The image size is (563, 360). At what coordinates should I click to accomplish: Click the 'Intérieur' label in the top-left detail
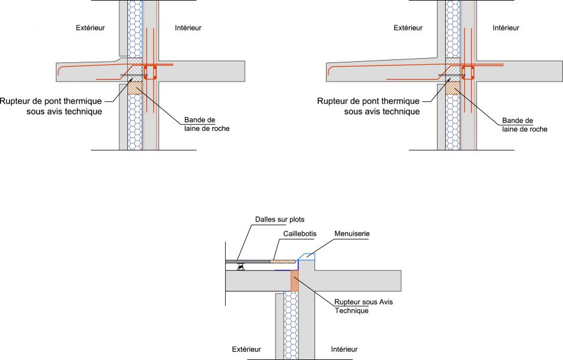(188, 28)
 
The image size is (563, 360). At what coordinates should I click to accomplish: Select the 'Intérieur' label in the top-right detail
(505, 28)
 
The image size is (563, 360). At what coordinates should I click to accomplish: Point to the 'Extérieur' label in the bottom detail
(247, 349)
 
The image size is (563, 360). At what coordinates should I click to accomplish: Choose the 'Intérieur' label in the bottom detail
(344, 349)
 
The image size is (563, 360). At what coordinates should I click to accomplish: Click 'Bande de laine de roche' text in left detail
(206, 124)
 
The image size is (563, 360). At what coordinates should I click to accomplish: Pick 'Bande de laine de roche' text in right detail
(524, 124)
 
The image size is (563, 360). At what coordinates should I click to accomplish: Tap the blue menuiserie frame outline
(308, 256)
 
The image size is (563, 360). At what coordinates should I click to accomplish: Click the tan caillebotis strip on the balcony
(283, 262)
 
